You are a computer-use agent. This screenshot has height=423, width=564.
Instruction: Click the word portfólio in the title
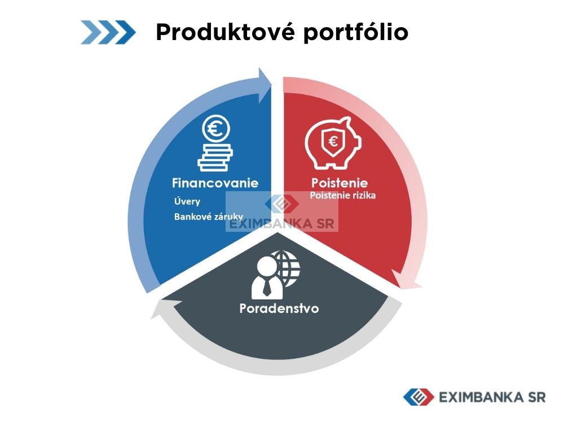pos(356,33)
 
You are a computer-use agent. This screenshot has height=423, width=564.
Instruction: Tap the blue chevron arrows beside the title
pos(108,32)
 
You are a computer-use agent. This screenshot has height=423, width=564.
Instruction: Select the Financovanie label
pos(215,183)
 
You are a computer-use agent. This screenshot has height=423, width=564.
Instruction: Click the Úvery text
pos(187,201)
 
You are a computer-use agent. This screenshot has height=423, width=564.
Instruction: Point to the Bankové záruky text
pos(209,217)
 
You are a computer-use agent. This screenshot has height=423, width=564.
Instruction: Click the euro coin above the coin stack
pos(216,129)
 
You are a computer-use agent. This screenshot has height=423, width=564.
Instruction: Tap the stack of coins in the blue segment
pos(215,157)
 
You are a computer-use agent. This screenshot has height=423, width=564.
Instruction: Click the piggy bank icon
pos(333,143)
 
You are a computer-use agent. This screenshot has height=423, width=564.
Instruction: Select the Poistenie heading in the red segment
pos(340,183)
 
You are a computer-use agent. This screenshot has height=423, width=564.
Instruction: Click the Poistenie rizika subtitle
pos(343,195)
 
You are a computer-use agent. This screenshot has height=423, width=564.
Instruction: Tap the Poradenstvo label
pos(279,309)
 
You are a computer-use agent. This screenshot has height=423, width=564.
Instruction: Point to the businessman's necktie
pos(267,287)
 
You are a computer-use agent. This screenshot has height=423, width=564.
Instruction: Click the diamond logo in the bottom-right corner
pos(418,397)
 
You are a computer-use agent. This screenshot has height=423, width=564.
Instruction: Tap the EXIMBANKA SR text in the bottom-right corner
pos(492,398)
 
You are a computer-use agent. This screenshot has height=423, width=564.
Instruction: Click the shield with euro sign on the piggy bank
pos(333,142)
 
